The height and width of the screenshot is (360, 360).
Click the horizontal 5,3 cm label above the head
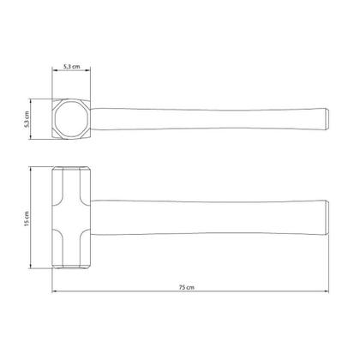click(x=72, y=67)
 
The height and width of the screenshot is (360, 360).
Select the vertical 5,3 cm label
click(x=27, y=119)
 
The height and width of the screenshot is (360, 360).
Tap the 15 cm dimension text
click(x=27, y=219)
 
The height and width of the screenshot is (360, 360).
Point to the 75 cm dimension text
click(x=187, y=287)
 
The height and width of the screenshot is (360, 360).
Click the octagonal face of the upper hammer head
click(x=71, y=119)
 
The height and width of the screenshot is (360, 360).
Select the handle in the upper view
click(x=209, y=119)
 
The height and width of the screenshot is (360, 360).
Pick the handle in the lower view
click(x=209, y=218)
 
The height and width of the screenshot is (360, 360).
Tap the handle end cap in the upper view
click(x=327, y=119)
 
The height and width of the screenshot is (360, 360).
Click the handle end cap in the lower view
click(x=327, y=218)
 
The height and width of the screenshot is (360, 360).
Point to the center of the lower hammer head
click(x=71, y=218)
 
